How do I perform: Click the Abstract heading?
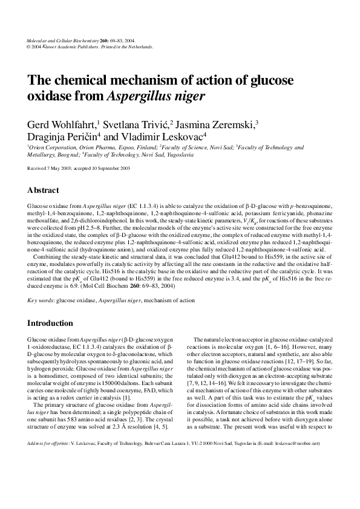coord(44,189)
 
